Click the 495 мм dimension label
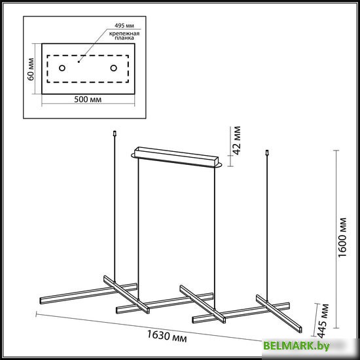(124, 26)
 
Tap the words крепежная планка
(124, 35)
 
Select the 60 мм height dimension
(31, 69)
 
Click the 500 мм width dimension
(88, 99)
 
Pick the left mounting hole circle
(62, 68)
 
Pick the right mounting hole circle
(114, 68)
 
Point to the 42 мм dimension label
(236, 141)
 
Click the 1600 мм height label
(342, 238)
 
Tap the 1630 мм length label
(167, 336)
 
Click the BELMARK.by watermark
(297, 346)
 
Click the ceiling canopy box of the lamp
(176, 157)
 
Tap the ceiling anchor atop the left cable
(115, 134)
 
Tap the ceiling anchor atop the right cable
(267, 153)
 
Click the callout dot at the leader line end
(79, 62)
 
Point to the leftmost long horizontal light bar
(88, 294)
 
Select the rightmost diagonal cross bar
(279, 314)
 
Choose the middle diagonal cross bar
(202, 304)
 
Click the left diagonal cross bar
(126, 295)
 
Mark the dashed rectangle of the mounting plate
(88, 56)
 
